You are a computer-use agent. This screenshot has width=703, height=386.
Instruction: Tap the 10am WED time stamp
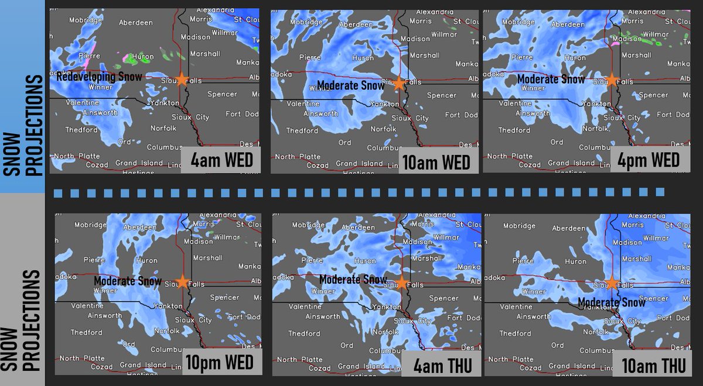[436, 161]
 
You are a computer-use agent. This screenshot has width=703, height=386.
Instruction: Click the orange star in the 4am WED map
[182, 80]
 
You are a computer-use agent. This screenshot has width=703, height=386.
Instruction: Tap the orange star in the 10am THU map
[612, 283]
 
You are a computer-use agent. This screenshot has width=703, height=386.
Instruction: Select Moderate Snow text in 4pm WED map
[551, 79]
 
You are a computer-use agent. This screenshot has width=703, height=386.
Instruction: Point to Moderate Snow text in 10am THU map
[612, 302]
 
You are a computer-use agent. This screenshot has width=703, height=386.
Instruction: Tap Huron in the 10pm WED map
[146, 260]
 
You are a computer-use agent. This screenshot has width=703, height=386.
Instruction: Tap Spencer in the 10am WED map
[442, 95]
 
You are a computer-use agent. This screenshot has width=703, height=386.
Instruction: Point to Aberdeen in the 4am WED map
[135, 23]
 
